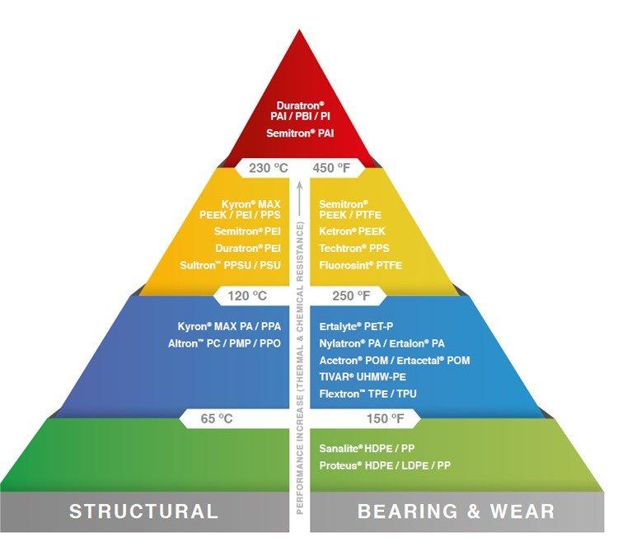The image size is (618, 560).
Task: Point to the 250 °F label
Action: (x=341, y=293)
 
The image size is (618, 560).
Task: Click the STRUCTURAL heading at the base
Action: (x=144, y=511)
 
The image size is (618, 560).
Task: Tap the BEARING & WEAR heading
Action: (x=456, y=511)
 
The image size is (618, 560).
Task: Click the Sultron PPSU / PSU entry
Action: (x=236, y=265)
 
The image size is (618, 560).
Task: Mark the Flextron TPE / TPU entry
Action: (x=368, y=394)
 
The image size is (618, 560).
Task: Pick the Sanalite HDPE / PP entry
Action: (x=365, y=449)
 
